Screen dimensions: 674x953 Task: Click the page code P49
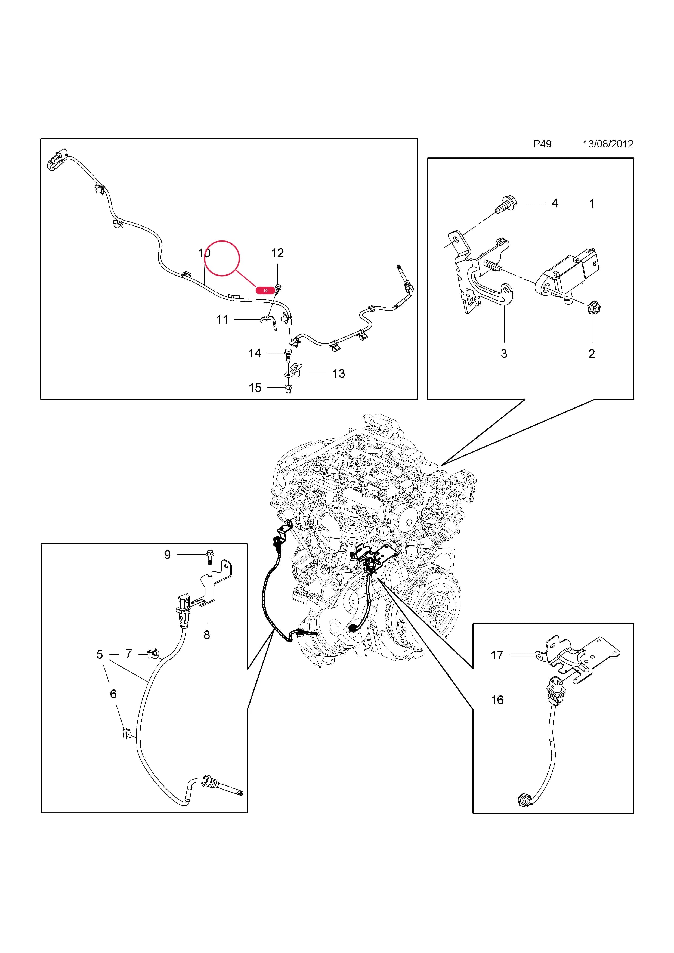(542, 144)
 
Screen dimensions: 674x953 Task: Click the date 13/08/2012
(608, 144)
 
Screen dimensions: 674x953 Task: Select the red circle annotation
(222, 258)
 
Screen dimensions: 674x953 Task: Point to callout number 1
(592, 203)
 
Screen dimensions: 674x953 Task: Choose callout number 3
(504, 354)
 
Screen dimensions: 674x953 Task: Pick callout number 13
(339, 374)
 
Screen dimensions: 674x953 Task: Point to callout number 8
(207, 635)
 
